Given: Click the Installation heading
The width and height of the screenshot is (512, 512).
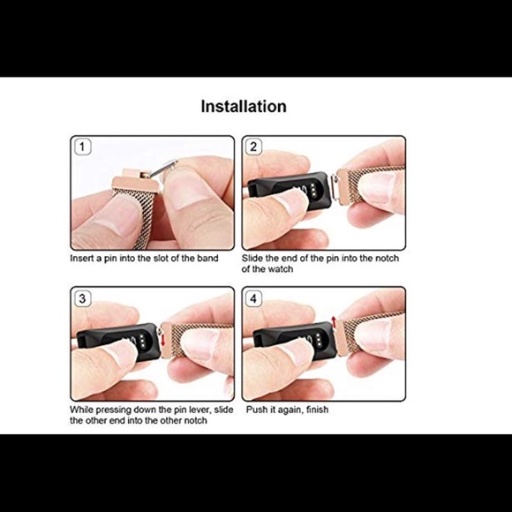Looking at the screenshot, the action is click(x=244, y=107).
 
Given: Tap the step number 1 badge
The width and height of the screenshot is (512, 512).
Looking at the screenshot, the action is click(x=83, y=147).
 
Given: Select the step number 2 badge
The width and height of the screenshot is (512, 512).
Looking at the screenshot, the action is click(x=253, y=147).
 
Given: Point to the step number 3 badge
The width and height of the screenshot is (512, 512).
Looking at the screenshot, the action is click(x=83, y=298).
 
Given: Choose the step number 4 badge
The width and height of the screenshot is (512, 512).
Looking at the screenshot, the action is click(x=253, y=298).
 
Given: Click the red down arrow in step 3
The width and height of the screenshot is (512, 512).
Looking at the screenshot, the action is click(x=163, y=340).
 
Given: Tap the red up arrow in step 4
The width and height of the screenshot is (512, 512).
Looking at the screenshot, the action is click(x=334, y=321).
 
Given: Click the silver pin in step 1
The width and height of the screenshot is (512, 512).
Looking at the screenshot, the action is click(x=161, y=169).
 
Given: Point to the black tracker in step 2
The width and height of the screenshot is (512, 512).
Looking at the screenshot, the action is click(x=290, y=191).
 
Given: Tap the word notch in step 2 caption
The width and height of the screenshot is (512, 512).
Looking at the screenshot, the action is click(x=387, y=259).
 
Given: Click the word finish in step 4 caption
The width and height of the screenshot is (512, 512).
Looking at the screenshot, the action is click(x=318, y=410).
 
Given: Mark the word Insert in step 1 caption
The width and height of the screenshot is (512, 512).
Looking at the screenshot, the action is click(x=81, y=259).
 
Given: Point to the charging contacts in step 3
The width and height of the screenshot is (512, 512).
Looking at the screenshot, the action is click(x=142, y=341).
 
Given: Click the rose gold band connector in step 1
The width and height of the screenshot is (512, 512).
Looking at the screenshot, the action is click(x=135, y=182).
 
